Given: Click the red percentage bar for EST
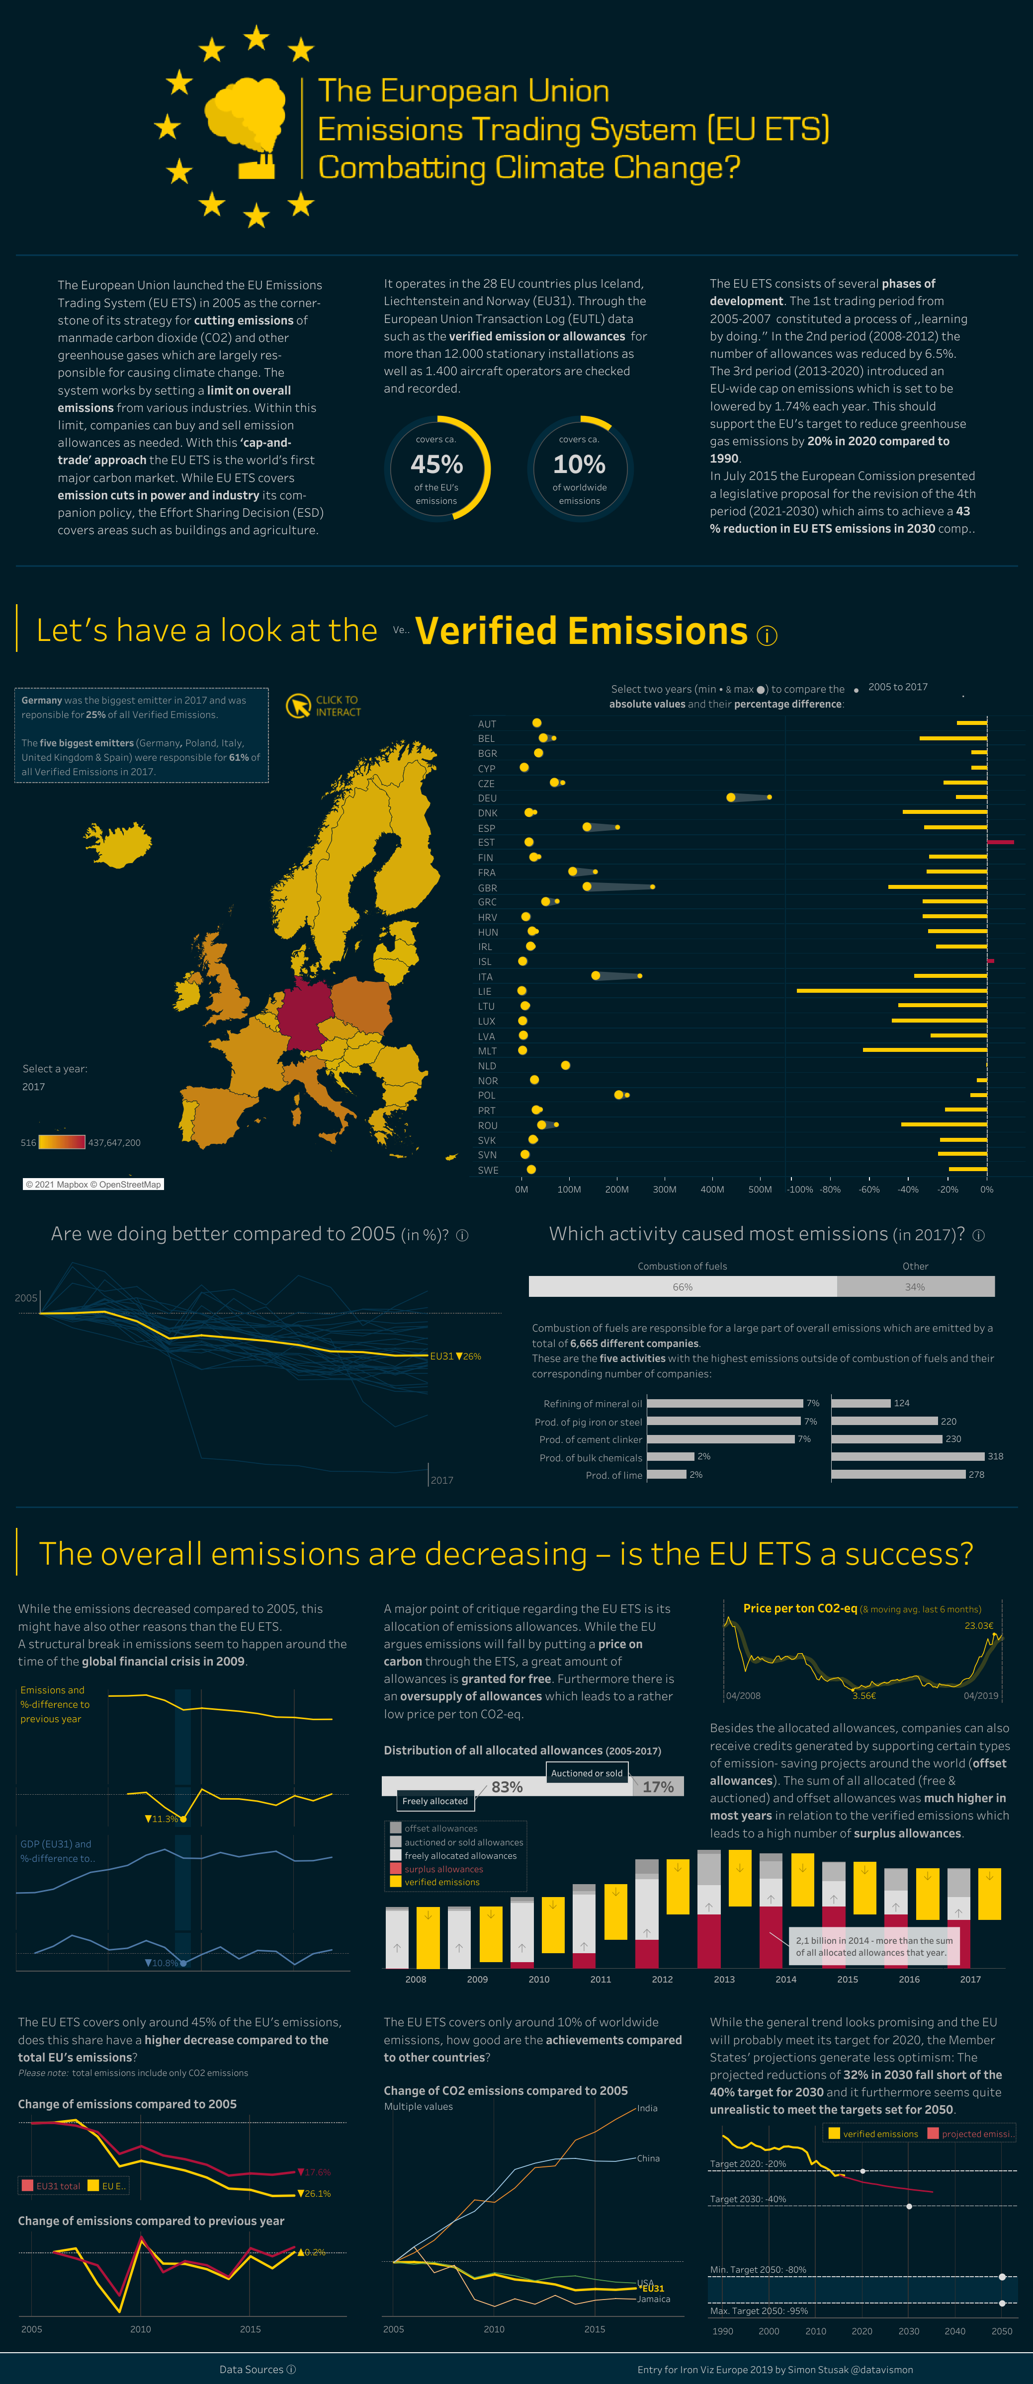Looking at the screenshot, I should click(1001, 842).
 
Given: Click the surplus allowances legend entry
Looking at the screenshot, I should click(443, 1869).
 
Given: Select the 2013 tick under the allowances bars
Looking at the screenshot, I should click(724, 1980).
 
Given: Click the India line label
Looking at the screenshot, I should click(647, 2108).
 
